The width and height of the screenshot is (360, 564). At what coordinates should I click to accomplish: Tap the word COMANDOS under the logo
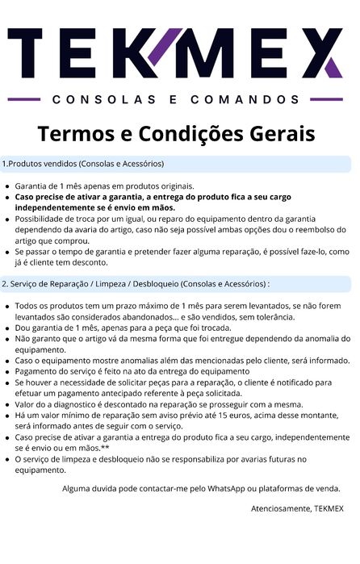coord(246,100)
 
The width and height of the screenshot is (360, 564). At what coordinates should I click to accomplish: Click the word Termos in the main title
coord(75,132)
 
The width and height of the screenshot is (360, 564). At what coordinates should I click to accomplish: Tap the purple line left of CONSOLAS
coord(23,100)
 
